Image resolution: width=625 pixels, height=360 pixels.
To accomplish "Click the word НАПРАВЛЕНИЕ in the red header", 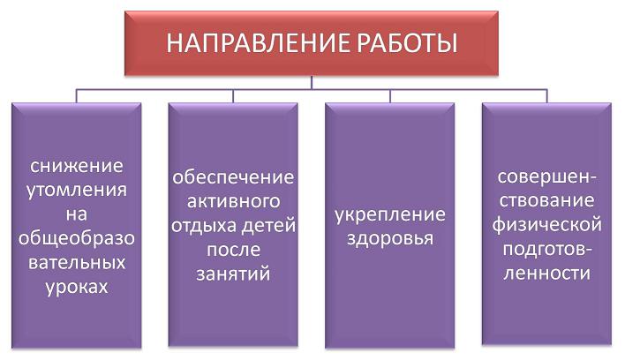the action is pos(259,43).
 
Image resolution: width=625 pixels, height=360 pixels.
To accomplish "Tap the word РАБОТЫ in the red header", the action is pos(407,43).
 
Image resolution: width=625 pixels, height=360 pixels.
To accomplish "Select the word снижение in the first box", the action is pos(77,166).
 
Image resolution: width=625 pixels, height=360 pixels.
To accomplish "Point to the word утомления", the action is pos(77,191).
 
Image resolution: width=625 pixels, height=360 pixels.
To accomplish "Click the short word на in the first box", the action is pos(77,214).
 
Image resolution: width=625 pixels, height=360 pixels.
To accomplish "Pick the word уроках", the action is pos(77,287).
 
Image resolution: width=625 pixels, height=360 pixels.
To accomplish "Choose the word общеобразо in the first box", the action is pos(77,238).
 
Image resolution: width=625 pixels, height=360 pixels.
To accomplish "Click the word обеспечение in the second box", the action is pos(233,177).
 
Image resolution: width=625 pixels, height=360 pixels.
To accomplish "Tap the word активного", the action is pos(233,201).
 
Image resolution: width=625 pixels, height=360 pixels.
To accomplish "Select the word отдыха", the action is pos(204,226).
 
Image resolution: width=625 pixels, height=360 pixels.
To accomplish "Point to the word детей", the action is pos(268,226).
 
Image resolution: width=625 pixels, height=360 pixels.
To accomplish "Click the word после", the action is pos(234,250).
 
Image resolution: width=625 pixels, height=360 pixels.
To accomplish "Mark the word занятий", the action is pos(233,274).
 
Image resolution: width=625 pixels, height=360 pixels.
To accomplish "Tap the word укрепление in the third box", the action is pos(390,215).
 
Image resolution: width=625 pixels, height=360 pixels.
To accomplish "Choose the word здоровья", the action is pos(390,239).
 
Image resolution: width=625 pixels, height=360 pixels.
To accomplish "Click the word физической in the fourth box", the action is pos(546,225).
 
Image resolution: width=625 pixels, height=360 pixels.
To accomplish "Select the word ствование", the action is pos(546,200).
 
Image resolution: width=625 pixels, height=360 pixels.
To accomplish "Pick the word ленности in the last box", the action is pos(546,274).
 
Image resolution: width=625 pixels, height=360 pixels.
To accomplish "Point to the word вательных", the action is pos(77,263).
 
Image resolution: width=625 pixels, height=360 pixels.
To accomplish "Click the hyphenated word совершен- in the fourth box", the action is pos(546,176).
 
